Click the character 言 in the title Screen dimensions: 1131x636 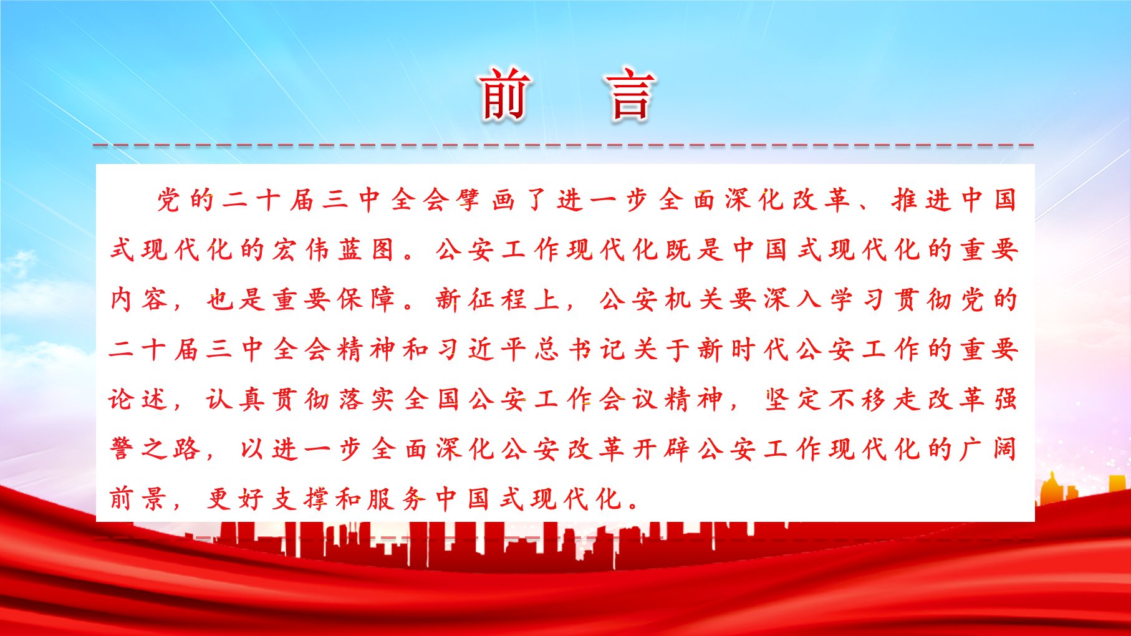(630, 94)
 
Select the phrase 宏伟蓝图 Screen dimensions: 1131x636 (332, 249)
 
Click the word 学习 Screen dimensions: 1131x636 (858, 299)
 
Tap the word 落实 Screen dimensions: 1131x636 (366, 399)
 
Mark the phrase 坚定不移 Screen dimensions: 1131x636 (825, 399)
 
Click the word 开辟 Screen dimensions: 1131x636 (662, 449)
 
